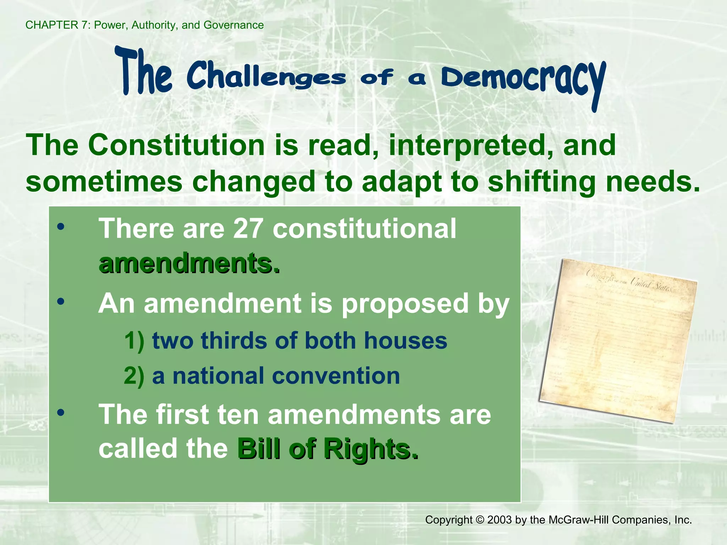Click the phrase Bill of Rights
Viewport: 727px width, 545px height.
tap(327, 449)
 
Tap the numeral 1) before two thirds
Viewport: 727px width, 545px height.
tap(134, 341)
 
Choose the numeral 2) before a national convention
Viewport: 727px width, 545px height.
tap(134, 376)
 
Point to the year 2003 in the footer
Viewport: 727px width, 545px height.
tap(499, 520)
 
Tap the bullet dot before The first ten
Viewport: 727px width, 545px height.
tap(61, 412)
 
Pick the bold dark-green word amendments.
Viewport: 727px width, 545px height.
tap(189, 263)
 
